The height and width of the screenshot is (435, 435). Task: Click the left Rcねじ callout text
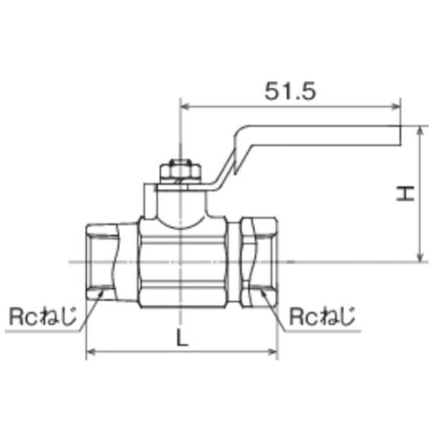(40, 315)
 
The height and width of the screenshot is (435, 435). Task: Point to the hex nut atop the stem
(178, 170)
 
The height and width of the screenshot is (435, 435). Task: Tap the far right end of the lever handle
(400, 135)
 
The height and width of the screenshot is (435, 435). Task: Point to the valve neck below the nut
(178, 204)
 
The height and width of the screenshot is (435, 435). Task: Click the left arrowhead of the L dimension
(90, 352)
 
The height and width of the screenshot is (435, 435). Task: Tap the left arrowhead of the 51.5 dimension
(184, 108)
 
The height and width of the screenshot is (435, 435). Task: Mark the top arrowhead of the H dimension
(420, 130)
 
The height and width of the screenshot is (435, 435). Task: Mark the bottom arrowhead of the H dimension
(420, 258)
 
